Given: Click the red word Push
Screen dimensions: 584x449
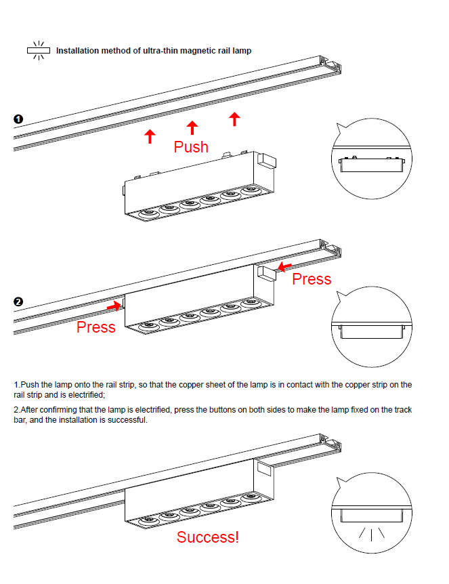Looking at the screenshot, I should [x=191, y=146].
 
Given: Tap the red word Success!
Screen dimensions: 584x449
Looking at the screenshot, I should [x=208, y=537].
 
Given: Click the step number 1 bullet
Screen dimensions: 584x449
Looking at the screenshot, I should [x=19, y=120].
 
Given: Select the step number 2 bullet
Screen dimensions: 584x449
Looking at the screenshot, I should [x=19, y=301].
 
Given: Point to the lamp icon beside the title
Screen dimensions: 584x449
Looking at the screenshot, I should [x=39, y=50].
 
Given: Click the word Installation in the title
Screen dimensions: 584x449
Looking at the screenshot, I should [x=79, y=51].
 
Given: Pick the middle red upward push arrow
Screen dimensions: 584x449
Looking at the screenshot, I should [x=192, y=127].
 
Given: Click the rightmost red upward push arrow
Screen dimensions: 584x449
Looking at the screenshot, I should [x=234, y=119].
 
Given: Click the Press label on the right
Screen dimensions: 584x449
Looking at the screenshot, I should [x=312, y=278].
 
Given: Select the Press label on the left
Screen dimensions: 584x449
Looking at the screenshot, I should [x=96, y=327].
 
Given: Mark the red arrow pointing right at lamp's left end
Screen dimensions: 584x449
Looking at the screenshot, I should [x=114, y=306].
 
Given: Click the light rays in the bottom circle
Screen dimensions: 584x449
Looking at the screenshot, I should [x=371, y=533].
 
